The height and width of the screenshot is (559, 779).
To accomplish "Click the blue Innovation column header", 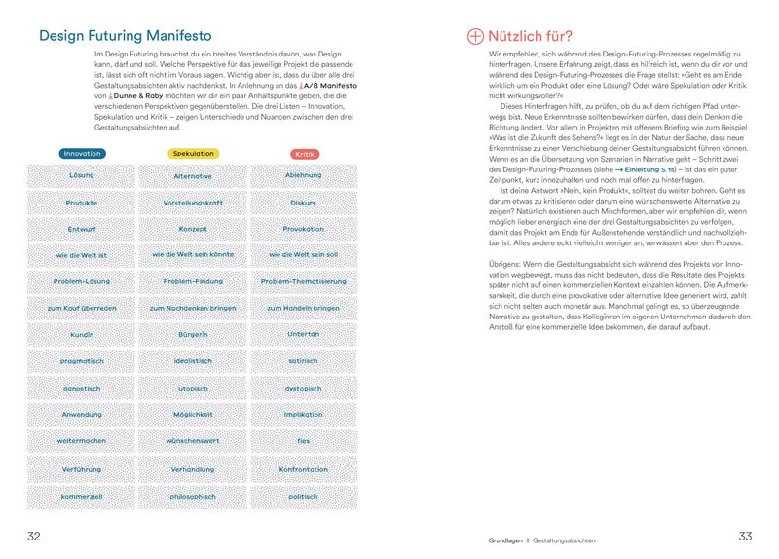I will click(82, 154).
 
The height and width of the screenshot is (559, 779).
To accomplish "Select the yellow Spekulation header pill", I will click(193, 154).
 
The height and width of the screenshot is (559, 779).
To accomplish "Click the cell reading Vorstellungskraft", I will click(193, 203).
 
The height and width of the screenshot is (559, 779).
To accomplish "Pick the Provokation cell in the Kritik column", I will click(303, 229).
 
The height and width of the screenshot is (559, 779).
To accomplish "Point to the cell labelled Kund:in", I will click(82, 334).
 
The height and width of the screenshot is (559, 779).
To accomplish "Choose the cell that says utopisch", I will click(193, 388).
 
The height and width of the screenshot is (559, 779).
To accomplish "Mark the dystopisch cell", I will click(303, 388).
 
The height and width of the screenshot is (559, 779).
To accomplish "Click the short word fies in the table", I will click(303, 441).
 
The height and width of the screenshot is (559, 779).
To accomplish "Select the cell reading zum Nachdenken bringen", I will click(193, 308).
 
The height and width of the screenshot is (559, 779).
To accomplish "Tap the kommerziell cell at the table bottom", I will click(82, 496).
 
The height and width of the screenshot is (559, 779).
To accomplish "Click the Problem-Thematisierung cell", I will click(303, 281).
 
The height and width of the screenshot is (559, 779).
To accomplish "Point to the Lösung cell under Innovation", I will click(82, 176).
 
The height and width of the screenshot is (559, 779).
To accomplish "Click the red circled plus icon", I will click(475, 36).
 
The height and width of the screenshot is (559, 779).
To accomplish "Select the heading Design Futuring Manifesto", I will click(126, 36).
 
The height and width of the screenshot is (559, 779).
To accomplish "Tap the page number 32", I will click(33, 537).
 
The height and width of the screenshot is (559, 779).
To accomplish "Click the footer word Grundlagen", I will click(505, 539).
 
